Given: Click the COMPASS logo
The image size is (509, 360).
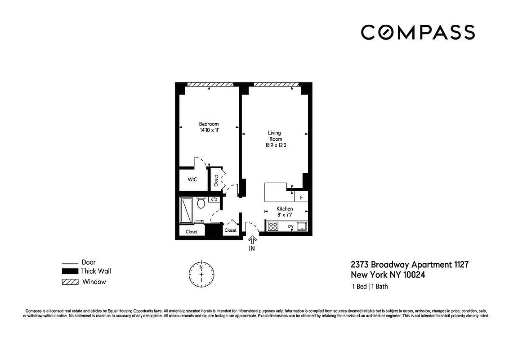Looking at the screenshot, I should coord(418,32).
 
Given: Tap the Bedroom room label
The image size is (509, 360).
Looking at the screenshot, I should coord(209,124).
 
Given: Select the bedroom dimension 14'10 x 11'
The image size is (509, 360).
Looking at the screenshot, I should coord(209,130).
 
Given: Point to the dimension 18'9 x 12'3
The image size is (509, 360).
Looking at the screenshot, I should coord(274,145).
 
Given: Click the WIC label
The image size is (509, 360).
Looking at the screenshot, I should coord(192,180).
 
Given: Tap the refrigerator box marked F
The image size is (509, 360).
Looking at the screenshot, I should coord(301,197).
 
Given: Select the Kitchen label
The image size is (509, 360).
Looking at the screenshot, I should coord(285,209).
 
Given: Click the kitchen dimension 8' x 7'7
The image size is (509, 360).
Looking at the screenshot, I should coord(285,215).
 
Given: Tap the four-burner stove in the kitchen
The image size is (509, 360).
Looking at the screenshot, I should coord(273,226).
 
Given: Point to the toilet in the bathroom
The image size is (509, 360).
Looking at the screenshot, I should coord(201,203).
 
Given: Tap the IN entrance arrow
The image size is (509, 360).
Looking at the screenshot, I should coord(252,241).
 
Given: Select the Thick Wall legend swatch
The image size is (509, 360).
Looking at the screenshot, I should coord(70,271).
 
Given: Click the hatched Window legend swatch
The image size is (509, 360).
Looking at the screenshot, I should coord(70,282).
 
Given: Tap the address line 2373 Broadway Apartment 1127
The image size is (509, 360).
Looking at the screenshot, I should coord(410,265).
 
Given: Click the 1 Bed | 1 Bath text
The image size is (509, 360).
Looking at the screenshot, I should coord(369,287).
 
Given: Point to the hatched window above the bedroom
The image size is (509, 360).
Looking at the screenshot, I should coord(210,84).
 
